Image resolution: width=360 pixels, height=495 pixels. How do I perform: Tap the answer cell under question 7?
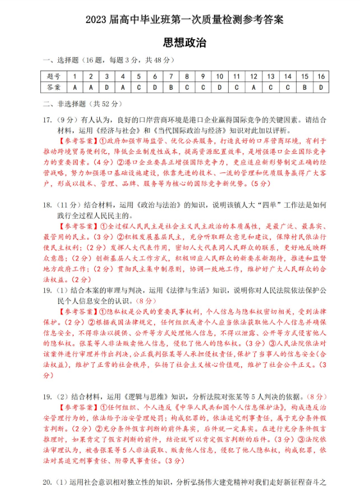pyautogui.click(x=171, y=87)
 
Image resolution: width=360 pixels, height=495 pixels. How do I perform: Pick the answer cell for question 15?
pyautogui.click(x=304, y=87)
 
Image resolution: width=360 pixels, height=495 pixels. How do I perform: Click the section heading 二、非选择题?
pyautogui.click(x=64, y=103)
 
